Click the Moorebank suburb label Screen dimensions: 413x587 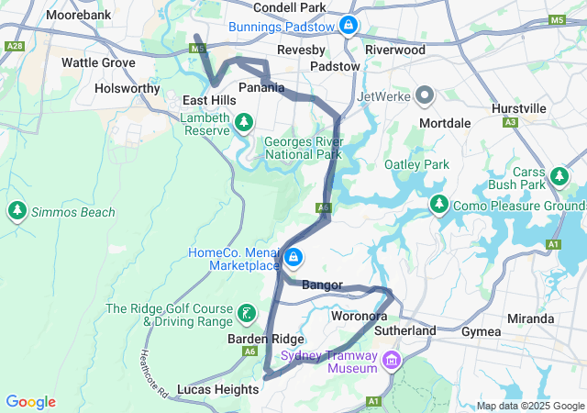click(x=78, y=16)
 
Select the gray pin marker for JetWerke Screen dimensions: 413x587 click(x=424, y=95)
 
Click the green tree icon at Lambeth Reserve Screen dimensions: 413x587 click(x=244, y=121)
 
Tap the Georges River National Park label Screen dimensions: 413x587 click(x=303, y=148)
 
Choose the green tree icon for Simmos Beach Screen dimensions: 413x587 click(x=17, y=212)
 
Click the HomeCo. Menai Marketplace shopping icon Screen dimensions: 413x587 click(x=293, y=258)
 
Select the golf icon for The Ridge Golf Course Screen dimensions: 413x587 click(x=245, y=314)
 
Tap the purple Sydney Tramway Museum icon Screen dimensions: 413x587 click(x=393, y=361)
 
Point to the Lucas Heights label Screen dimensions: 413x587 click(x=217, y=389)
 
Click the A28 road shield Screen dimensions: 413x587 click(x=16, y=46)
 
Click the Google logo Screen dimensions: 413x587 click(x=30, y=402)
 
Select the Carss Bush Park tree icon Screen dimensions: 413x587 click(x=559, y=175)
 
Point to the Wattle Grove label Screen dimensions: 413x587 click(x=98, y=62)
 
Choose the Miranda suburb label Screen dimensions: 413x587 click(x=532, y=318)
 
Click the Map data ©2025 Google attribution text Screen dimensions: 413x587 click(x=529, y=406)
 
